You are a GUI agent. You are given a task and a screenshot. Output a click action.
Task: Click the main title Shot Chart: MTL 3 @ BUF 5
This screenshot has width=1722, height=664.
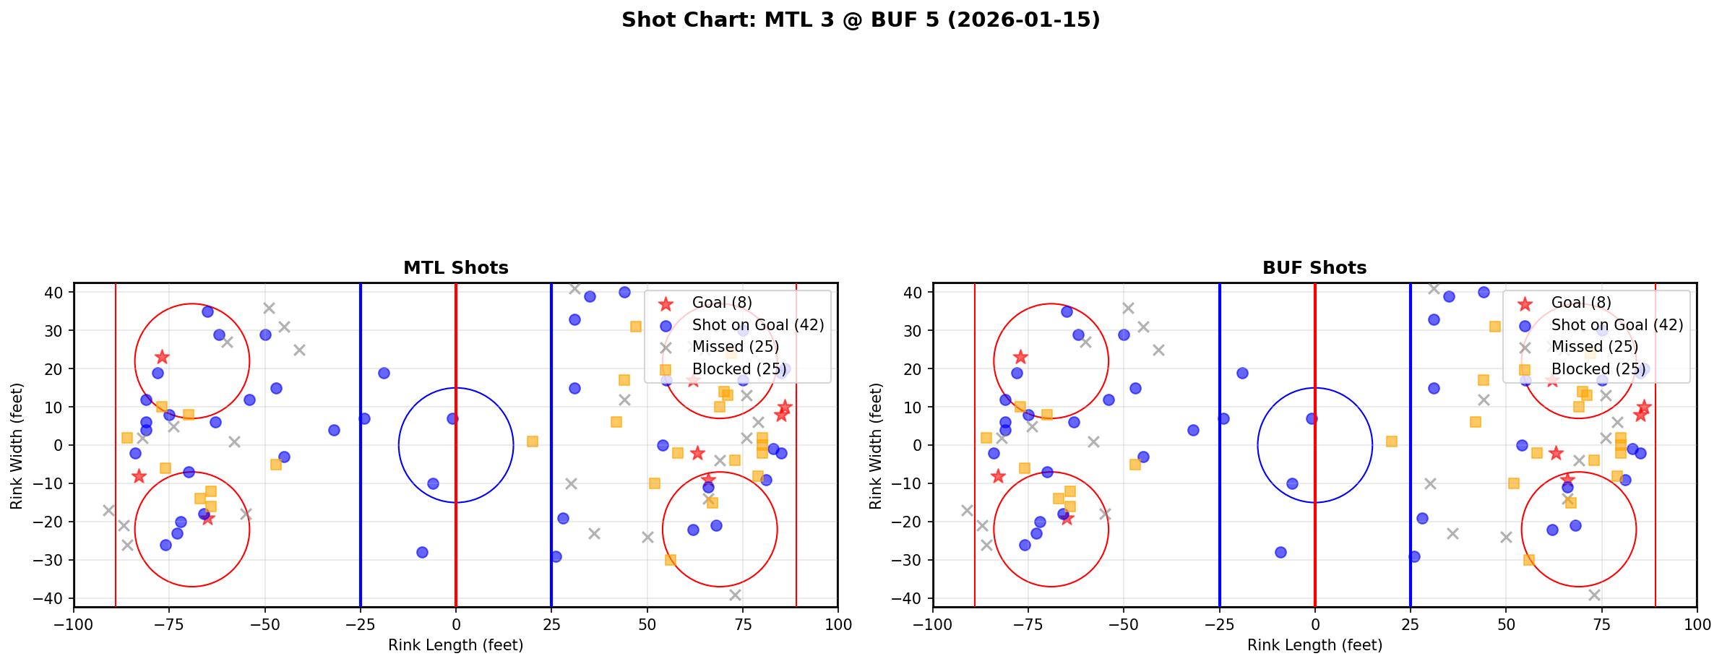[x=861, y=20]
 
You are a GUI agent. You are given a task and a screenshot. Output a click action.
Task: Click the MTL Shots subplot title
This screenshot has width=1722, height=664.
[x=455, y=268]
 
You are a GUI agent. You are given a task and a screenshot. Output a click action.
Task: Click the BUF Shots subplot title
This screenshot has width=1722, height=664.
[x=1314, y=268]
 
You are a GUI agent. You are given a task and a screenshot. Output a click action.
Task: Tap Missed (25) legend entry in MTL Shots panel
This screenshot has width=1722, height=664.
[x=735, y=347]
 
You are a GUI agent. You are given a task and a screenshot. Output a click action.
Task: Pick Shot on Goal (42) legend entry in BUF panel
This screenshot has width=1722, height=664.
[x=1617, y=325]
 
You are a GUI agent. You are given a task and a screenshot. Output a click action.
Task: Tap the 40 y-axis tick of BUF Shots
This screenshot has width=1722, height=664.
[x=914, y=293]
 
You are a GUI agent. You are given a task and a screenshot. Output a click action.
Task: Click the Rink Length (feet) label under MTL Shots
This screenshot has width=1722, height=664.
[x=455, y=645]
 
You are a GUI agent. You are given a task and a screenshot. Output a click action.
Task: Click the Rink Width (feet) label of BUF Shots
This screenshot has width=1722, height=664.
[x=876, y=446]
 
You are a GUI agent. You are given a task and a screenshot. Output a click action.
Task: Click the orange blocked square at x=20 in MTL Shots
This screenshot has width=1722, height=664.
[x=532, y=441]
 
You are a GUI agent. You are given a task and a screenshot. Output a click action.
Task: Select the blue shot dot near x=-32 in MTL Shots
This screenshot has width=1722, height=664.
[x=334, y=430]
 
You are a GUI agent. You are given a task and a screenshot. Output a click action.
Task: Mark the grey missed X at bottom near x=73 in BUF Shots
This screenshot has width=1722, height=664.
[x=1593, y=595]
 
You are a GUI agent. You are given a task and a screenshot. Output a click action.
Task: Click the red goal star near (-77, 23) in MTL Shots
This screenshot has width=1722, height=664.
[x=162, y=357]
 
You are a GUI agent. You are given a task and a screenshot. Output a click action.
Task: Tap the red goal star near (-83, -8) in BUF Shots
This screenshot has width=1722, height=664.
[x=998, y=476]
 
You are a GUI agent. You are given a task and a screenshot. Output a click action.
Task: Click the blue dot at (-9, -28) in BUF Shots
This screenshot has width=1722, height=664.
[x=1280, y=552]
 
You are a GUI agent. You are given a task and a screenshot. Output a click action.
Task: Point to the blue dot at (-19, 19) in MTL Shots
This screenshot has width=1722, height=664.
[x=384, y=373]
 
